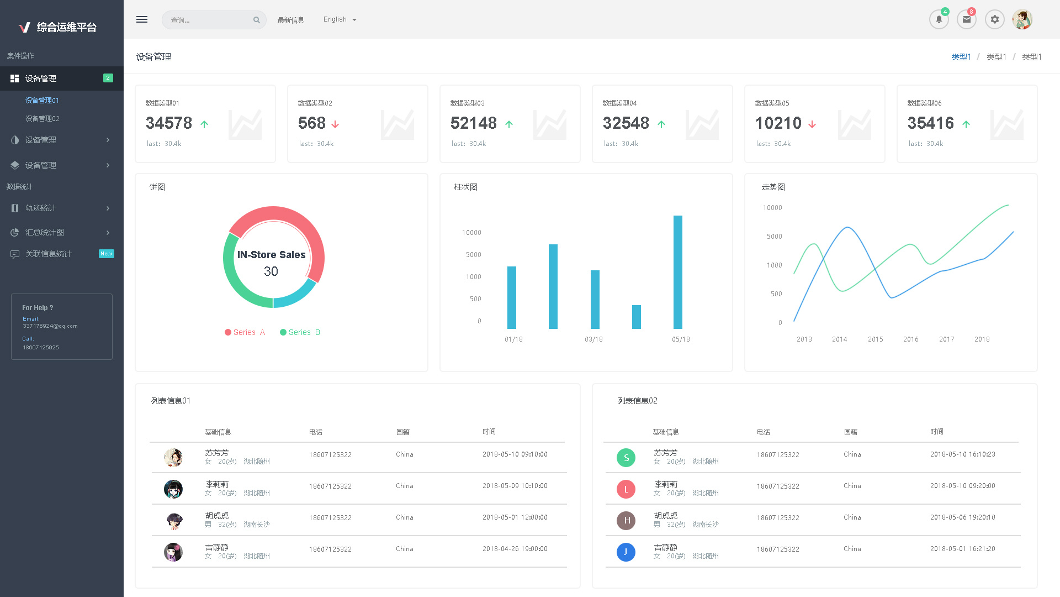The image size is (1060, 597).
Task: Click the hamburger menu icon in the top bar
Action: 142,19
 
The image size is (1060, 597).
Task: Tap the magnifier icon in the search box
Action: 257,20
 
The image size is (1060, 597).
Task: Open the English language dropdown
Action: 340,19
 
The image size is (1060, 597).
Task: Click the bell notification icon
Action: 939,19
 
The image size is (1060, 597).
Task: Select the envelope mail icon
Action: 966,19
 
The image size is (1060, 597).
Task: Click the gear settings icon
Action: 994,19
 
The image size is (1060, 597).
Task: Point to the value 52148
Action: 473,123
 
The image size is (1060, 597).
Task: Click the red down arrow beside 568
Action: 335,124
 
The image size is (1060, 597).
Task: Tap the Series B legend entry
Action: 300,332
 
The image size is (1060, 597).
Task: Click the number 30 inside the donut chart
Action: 271,271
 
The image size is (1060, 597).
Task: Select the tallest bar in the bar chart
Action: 677,272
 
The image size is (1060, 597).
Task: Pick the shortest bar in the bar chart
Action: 636,317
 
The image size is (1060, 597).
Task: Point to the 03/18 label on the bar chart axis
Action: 593,339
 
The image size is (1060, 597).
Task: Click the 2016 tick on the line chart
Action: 910,339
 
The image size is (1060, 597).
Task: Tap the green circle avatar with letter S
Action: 626,458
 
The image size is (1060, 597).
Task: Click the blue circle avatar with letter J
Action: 626,552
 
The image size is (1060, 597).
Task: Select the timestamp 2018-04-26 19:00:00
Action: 515,549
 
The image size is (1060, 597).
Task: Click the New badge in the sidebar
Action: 107,254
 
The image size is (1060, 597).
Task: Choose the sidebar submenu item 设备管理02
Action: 43,119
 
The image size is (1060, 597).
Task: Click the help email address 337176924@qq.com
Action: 50,326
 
